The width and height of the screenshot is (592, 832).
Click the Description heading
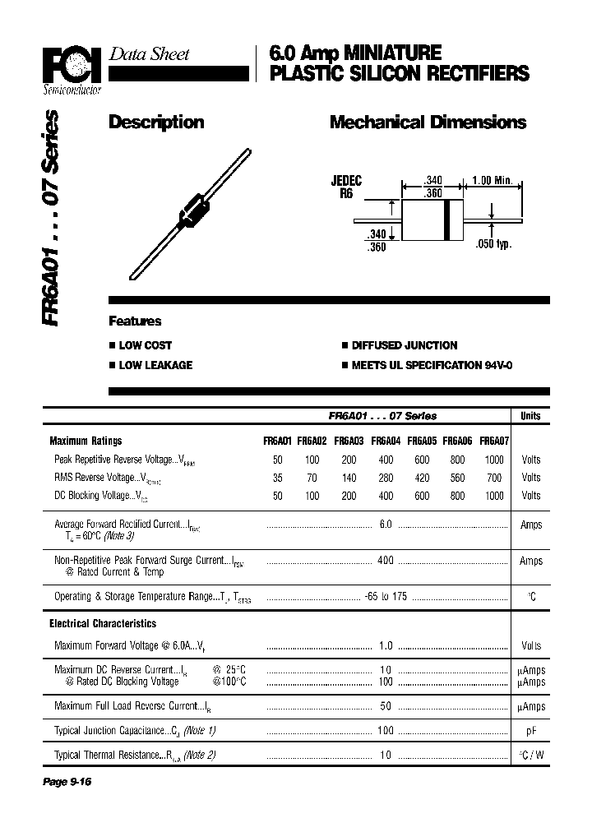156,122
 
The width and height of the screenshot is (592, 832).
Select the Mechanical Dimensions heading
428,122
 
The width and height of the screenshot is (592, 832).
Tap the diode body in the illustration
192,209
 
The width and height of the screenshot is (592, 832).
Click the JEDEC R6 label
346,187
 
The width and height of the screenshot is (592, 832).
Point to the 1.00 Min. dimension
493,181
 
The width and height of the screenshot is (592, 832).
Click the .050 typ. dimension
493,244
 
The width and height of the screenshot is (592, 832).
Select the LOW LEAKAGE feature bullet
155,365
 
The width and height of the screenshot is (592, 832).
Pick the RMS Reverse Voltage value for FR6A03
349,478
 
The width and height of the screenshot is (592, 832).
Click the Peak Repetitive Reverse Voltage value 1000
494,460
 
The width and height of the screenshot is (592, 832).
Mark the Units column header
531,416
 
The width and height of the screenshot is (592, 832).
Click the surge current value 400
385,561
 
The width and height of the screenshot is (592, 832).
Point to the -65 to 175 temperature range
385,597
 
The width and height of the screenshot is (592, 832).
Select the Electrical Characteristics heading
103,624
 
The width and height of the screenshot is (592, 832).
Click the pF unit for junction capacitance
531,730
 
